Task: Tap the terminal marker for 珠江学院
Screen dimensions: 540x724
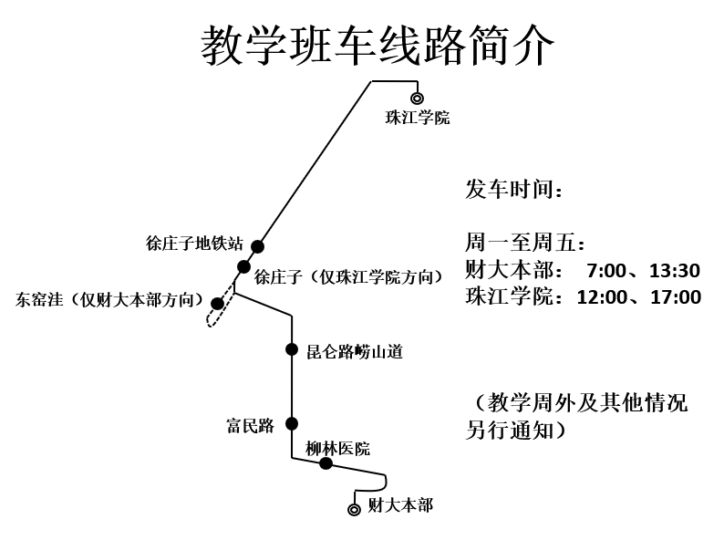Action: (417, 98)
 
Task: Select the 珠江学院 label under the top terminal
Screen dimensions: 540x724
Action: (418, 118)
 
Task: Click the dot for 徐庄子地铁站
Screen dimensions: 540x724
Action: (258, 246)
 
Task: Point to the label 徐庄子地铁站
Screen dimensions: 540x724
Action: (194, 244)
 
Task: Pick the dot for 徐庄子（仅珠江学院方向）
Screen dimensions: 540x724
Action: (243, 266)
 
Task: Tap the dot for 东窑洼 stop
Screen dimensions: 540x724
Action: (217, 304)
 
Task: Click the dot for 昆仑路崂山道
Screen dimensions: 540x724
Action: (292, 349)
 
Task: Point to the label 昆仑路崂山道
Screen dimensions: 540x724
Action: (354, 351)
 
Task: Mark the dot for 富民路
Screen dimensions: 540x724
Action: (292, 423)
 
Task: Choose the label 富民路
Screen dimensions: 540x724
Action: (250, 425)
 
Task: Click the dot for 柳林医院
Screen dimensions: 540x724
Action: (326, 463)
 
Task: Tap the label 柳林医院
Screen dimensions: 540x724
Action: (338, 448)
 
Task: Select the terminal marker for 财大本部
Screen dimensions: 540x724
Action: (354, 509)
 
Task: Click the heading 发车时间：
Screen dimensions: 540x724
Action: (514, 190)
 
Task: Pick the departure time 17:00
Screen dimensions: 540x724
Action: (676, 297)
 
